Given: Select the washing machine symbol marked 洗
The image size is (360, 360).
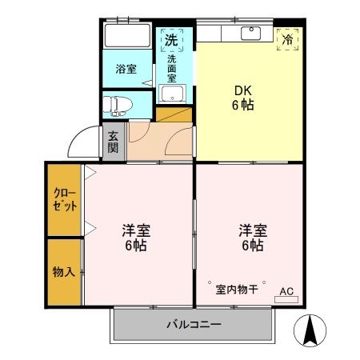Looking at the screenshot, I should pyautogui.click(x=170, y=39).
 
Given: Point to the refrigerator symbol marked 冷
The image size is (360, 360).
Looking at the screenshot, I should pyautogui.click(x=286, y=39).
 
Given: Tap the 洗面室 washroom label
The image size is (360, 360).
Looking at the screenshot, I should pyautogui.click(x=171, y=70).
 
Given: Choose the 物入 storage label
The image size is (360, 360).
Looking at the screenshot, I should pyautogui.click(x=64, y=272).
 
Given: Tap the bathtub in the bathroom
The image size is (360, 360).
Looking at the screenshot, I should pyautogui.click(x=129, y=36).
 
